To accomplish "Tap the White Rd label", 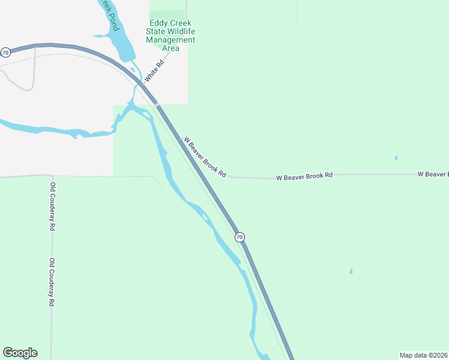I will (154, 71).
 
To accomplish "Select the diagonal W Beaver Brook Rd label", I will (205, 157).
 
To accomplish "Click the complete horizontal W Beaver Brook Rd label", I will (304, 176).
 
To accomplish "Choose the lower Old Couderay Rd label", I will (52, 282).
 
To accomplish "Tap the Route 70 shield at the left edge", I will (5, 53).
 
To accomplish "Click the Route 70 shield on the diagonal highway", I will (240, 237).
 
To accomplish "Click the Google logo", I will (20, 353).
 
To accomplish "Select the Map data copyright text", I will (423, 355).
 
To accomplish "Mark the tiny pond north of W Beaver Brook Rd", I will (396, 158).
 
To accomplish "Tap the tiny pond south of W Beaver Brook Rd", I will (351, 271).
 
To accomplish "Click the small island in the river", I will (205, 217).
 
